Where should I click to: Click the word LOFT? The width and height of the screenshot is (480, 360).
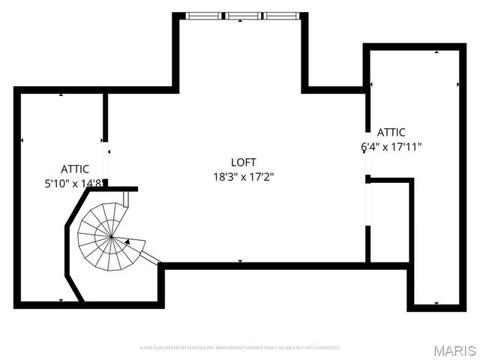[243, 162]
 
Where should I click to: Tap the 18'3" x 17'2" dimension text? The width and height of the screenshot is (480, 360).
[243, 177]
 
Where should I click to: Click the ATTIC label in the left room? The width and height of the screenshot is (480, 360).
[75, 169]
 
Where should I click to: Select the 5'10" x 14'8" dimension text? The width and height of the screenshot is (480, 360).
[75, 182]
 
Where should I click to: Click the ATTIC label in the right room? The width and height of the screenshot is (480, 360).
[391, 132]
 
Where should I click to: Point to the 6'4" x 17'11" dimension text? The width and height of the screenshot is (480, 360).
[391, 146]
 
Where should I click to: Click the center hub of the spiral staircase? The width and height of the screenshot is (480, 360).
[111, 237]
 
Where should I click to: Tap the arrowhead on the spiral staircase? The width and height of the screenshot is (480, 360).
[127, 241]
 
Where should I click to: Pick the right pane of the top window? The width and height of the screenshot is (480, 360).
[281, 14]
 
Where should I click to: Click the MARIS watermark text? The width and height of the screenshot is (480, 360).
[454, 350]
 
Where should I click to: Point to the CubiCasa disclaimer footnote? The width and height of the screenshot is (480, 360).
[240, 348]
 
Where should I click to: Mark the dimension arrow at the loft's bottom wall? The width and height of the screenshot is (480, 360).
[240, 261]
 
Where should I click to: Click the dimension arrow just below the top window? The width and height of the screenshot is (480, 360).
[240, 21]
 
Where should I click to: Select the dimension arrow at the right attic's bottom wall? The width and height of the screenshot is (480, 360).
[436, 304]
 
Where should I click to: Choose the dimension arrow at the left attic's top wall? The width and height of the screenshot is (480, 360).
[61, 94]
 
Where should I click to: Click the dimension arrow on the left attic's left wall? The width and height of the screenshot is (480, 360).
[22, 140]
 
